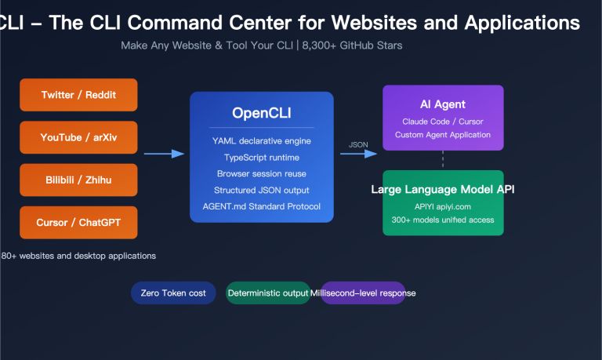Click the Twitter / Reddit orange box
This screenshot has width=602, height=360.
point(78,95)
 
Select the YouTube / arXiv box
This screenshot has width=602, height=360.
point(78,137)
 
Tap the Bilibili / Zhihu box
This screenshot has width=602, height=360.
point(78,180)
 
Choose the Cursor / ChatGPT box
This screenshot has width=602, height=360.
point(78,223)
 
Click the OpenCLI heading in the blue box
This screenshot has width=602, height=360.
point(261,113)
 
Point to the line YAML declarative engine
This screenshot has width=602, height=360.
point(261,140)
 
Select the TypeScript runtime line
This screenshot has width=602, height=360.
point(261,157)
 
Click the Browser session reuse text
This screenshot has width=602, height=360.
point(261,173)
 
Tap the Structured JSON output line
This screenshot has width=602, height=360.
point(261,190)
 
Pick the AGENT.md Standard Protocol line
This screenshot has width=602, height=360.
point(261,206)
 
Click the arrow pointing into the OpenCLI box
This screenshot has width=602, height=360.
point(164,155)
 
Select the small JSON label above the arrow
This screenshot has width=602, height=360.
point(357,144)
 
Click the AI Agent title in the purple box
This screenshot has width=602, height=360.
point(443,104)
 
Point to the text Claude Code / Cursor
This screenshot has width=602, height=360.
point(443,122)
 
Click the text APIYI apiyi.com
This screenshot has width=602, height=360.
point(443,205)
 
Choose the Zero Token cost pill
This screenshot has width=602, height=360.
point(173,293)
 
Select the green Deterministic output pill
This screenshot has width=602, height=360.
point(268,293)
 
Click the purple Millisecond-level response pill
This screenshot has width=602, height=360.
point(364,293)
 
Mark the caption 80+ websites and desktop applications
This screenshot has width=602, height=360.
point(78,256)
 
